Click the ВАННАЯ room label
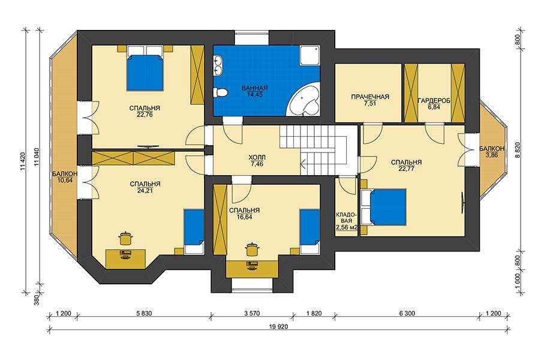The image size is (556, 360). click(254, 88)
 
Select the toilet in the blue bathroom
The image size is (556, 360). click(220, 93)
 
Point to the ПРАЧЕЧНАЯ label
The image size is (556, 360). click(370, 97)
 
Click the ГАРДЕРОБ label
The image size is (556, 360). click(434, 101)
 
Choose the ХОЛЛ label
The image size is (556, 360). click(257, 157)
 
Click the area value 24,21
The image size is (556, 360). click(145, 191)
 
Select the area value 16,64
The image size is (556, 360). click(244, 217)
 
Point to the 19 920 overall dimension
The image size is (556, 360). click(279, 327)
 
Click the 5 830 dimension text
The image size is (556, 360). click(143, 313)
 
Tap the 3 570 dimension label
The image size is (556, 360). click(252, 313)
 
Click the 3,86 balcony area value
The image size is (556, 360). click(492, 155)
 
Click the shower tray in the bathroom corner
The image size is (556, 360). click(310, 55)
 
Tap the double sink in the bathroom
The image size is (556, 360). click(218, 66)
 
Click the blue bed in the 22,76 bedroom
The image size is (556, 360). click(145, 73)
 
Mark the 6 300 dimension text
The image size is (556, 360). click(407, 313)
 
